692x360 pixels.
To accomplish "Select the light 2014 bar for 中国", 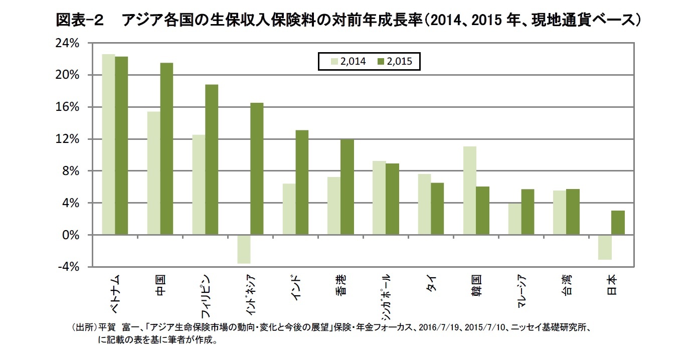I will (x=153, y=173).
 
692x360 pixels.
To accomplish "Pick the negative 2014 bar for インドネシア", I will (x=244, y=249).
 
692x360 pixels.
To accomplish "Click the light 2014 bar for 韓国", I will (x=469, y=191).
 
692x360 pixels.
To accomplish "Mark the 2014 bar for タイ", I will (x=424, y=204).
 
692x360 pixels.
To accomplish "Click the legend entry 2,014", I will (x=349, y=62).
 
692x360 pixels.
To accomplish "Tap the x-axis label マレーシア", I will (x=521, y=291).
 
